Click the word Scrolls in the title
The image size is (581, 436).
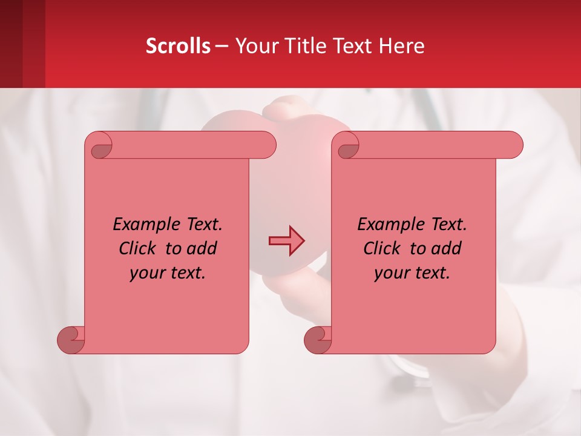(x=178, y=46)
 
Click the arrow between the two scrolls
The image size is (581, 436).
(x=286, y=241)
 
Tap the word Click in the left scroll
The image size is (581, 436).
(x=137, y=249)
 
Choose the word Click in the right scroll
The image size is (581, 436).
(x=382, y=249)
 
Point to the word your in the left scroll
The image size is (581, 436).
(x=146, y=273)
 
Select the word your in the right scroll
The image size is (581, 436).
(x=391, y=273)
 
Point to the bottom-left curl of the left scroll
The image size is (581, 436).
(x=71, y=340)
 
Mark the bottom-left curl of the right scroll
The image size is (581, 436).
(x=318, y=340)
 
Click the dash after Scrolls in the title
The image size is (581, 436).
(x=222, y=46)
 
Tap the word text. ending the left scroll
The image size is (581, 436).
(x=186, y=273)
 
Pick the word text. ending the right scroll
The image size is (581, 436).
(x=431, y=273)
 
